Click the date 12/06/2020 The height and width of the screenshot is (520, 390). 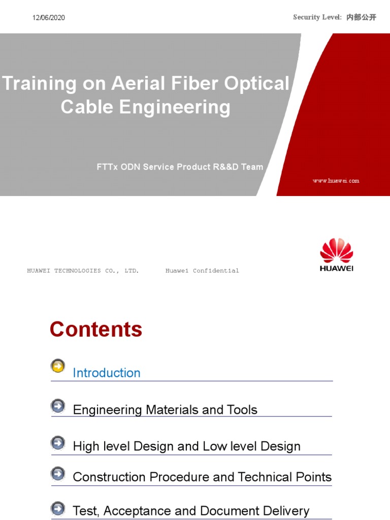pyautogui.click(x=49, y=18)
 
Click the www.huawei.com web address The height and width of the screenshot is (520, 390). pyautogui.click(x=336, y=181)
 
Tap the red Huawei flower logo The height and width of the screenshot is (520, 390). pyautogui.click(x=336, y=251)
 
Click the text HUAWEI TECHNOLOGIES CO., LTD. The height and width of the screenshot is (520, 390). pyautogui.click(x=83, y=271)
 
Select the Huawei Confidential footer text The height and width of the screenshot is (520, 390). pyautogui.click(x=202, y=271)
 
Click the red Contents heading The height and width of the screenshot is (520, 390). pyautogui.click(x=96, y=330)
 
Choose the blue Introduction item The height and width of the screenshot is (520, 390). pyautogui.click(x=107, y=373)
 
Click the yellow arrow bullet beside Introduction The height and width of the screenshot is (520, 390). pyautogui.click(x=58, y=366)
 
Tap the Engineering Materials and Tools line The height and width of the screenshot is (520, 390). pyautogui.click(x=165, y=410)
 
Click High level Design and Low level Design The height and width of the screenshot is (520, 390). pyautogui.click(x=186, y=446)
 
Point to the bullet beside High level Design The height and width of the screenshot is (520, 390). pyautogui.click(x=58, y=443)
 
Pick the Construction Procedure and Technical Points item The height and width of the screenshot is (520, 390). pyautogui.click(x=202, y=477)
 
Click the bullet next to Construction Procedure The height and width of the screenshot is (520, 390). pyautogui.click(x=58, y=474)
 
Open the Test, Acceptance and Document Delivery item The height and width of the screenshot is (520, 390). pyautogui.click(x=191, y=511)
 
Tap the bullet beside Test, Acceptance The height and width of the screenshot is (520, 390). pyautogui.click(x=58, y=508)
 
